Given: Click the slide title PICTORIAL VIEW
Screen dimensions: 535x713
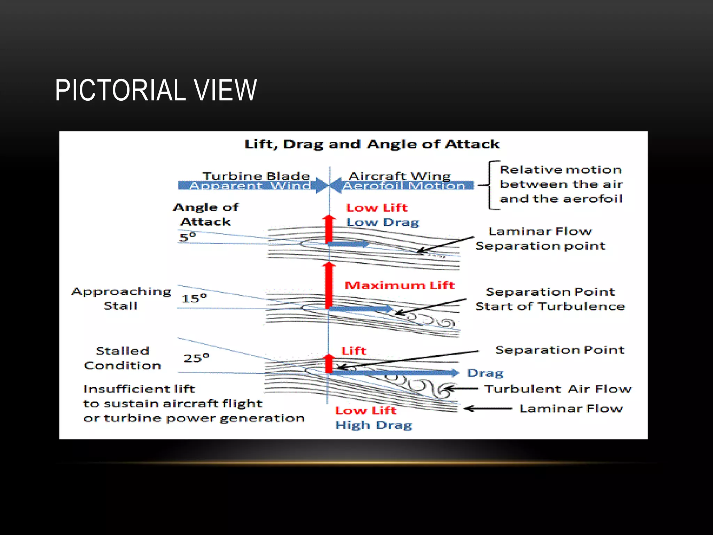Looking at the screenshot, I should pyautogui.click(x=156, y=90).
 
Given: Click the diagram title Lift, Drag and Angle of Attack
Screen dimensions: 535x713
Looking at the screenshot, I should pyautogui.click(x=371, y=144).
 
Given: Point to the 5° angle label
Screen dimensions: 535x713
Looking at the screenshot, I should pyautogui.click(x=188, y=237).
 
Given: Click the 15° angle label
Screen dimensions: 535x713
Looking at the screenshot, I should pyautogui.click(x=194, y=298).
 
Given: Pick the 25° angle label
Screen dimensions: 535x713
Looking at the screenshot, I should pyautogui.click(x=196, y=358).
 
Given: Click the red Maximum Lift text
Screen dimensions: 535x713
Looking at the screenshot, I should pyautogui.click(x=399, y=285).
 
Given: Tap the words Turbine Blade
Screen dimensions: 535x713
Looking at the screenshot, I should pyautogui.click(x=256, y=176).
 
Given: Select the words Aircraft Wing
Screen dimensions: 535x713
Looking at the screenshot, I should pyautogui.click(x=400, y=176).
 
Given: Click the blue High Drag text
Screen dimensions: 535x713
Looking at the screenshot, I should pyautogui.click(x=373, y=425).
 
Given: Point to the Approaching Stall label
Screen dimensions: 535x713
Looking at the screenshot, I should pyautogui.click(x=121, y=298).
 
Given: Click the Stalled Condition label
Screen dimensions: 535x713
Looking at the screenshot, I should pyautogui.click(x=122, y=358).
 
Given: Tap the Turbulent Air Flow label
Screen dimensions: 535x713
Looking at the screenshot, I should pyautogui.click(x=558, y=389).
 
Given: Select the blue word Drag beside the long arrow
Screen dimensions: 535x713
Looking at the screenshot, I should pyautogui.click(x=485, y=373).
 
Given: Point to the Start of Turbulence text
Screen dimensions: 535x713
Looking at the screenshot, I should pyautogui.click(x=550, y=307).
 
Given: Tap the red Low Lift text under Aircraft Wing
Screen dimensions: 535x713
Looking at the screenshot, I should pyautogui.click(x=377, y=208).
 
